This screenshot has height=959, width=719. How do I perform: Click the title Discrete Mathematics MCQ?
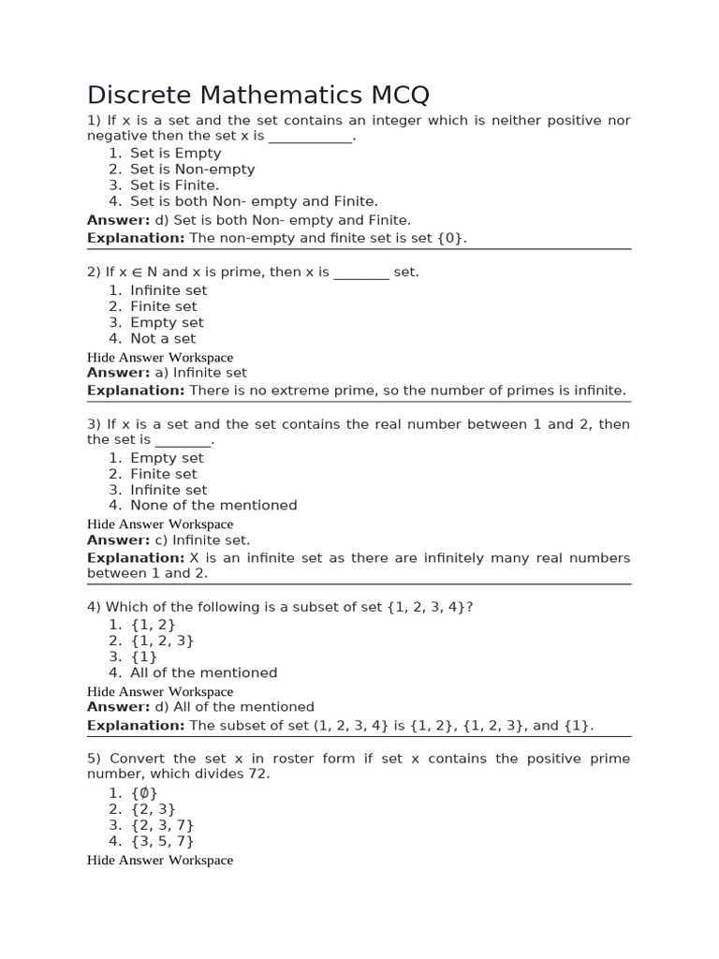click(x=258, y=95)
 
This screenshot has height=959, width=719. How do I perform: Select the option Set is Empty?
click(x=175, y=154)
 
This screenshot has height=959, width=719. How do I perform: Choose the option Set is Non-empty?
click(x=192, y=170)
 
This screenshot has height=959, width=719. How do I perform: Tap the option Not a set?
click(x=163, y=339)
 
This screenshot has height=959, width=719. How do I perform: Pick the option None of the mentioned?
click(x=213, y=506)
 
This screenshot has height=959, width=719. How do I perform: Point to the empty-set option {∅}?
click(x=144, y=793)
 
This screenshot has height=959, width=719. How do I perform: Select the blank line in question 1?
click(x=311, y=137)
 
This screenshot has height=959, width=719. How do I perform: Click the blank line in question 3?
click(x=183, y=440)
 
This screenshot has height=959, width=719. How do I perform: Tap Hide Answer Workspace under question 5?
click(x=160, y=860)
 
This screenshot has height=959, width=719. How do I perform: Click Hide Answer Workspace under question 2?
click(x=160, y=358)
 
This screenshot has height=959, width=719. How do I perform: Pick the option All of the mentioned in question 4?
click(x=204, y=672)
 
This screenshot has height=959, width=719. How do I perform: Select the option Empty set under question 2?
click(x=167, y=322)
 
